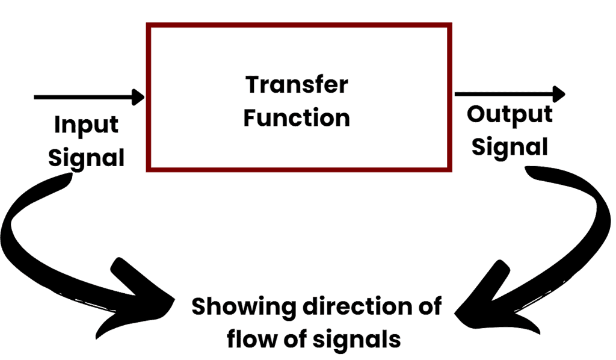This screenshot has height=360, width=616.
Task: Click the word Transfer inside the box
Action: pos(297,85)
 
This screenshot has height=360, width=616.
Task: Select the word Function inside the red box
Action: pos(297,117)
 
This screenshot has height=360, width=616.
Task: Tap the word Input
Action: pos(86,126)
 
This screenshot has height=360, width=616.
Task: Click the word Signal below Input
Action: pos(86,158)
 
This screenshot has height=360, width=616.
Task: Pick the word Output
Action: pos(510,114)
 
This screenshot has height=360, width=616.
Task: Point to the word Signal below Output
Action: pos(510,146)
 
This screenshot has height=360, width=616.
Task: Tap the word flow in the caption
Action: pos(246,340)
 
